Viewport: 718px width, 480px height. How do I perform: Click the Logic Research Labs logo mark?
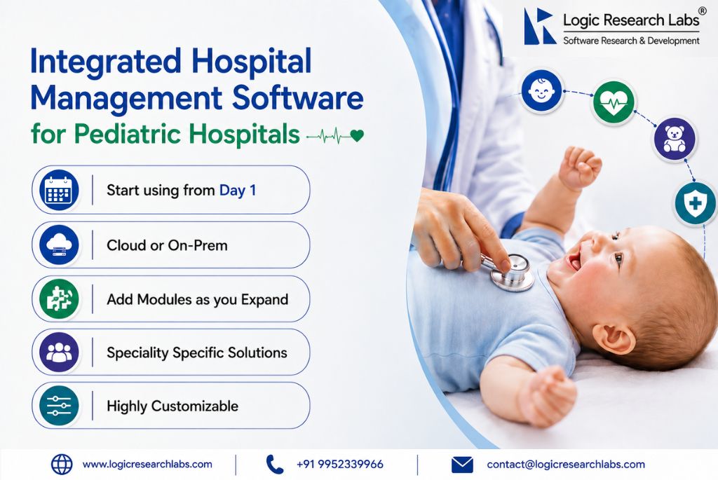pos(539,27)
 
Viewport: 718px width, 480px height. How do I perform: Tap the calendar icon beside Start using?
pos(59,190)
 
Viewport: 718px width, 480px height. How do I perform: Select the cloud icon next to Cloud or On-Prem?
pos(59,245)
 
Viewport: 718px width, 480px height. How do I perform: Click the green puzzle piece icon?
pos(59,299)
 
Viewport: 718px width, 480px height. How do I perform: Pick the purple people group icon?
pos(59,352)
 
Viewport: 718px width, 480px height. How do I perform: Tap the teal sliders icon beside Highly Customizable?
pos(59,406)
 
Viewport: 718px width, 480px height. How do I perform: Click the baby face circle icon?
pos(541,90)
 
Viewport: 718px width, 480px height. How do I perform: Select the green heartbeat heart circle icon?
pos(614,102)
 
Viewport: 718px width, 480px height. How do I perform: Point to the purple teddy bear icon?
pos(675,139)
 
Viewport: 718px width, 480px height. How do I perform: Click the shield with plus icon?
pos(696,203)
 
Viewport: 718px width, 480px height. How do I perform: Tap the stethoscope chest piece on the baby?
pos(512,273)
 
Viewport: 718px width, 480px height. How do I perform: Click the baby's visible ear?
pos(616,338)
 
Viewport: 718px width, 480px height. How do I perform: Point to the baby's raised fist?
pos(581,167)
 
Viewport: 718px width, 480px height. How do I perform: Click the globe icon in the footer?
pos(62,465)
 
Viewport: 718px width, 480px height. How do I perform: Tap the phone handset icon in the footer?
pos(275,465)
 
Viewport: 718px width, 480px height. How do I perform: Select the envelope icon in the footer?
pos(462,465)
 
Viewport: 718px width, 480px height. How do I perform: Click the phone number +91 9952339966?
pos(340,465)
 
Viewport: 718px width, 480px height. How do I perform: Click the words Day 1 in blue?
pos(238,191)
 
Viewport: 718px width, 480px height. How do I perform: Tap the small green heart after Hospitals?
pos(357,135)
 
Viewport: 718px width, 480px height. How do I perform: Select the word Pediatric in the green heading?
pos(129,134)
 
